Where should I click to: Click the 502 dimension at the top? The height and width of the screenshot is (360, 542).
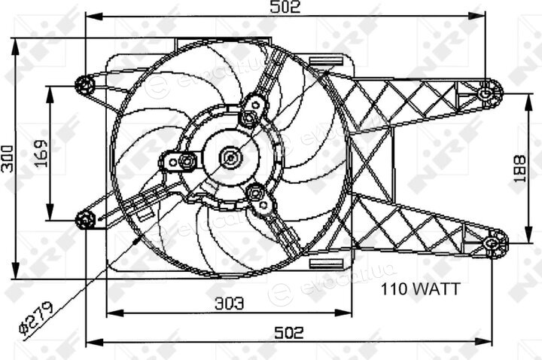click(285, 7)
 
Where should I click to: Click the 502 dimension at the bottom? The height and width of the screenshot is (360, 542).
click(289, 333)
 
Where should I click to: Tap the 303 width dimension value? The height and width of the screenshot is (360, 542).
click(229, 304)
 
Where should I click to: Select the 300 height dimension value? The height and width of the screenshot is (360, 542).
click(8, 159)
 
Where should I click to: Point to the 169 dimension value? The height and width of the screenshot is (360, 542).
click(41, 154)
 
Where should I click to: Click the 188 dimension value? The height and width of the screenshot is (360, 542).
click(519, 169)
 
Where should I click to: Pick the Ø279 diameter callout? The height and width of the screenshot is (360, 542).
click(36, 319)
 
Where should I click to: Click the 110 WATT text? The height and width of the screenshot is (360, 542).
click(420, 288)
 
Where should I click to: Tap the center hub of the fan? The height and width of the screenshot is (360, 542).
click(231, 157)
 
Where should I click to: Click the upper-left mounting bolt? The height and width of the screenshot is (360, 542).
click(84, 85)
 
